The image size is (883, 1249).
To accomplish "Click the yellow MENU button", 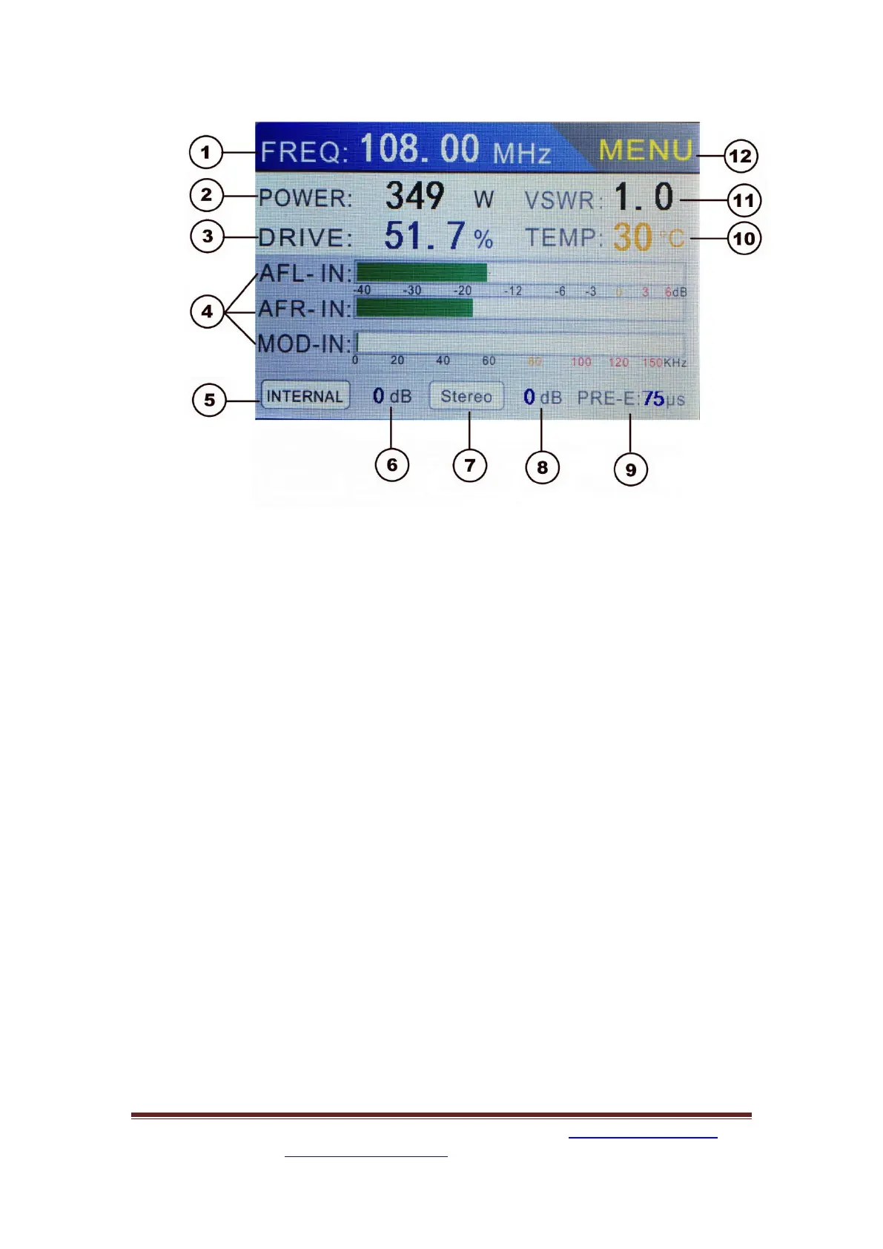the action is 645,151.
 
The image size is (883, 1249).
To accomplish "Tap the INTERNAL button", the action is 305,396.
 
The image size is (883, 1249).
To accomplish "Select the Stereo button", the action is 466,396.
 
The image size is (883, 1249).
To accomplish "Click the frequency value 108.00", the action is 420,149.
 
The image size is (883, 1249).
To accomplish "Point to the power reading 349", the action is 414,197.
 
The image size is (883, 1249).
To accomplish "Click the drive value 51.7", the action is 425,236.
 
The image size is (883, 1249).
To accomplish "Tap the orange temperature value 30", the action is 632,237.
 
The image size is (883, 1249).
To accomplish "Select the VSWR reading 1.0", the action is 644,197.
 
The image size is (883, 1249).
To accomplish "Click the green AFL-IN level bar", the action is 421,272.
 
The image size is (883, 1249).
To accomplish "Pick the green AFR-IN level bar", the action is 414,308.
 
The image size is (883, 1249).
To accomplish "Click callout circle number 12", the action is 740,156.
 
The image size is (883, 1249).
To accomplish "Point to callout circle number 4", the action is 207,312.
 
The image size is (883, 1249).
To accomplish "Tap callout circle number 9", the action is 630,469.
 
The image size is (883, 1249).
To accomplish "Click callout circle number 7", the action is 469,466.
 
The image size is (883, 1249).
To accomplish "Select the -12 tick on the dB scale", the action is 513,291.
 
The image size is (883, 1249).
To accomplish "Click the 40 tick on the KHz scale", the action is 443,361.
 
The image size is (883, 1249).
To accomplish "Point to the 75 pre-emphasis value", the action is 653,399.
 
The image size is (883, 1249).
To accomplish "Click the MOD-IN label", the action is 304,344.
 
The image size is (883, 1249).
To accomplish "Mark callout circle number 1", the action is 206,153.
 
